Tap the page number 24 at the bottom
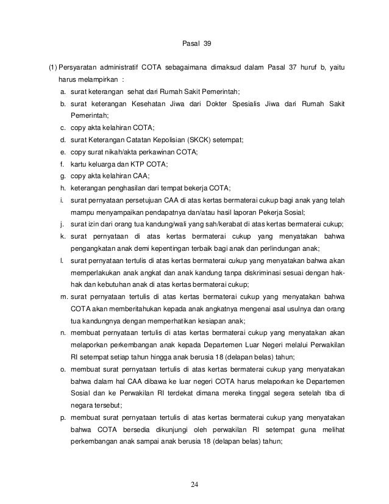click(194, 484)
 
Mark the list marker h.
click(63, 187)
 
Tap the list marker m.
click(63, 296)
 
